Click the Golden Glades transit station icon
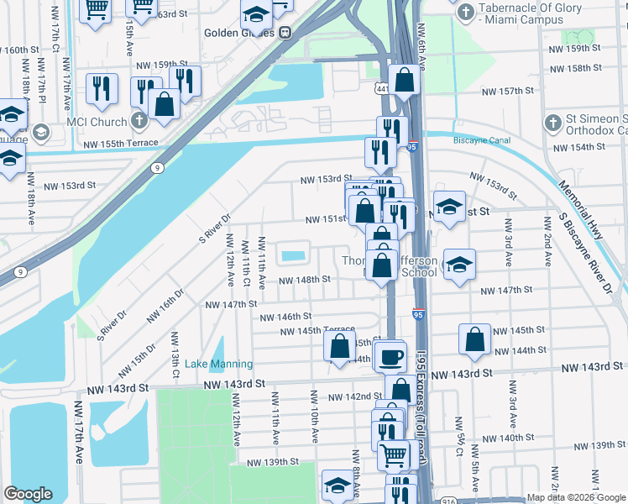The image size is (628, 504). [x=285, y=33]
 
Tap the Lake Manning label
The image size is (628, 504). [x=218, y=364]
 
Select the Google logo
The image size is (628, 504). [x=28, y=493]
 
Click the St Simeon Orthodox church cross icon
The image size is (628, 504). [x=552, y=123]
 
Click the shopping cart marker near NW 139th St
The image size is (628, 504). [x=392, y=454]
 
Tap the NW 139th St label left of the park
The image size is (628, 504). [x=273, y=462]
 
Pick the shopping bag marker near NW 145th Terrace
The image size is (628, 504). [x=338, y=345]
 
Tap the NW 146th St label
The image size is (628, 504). [x=280, y=317]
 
